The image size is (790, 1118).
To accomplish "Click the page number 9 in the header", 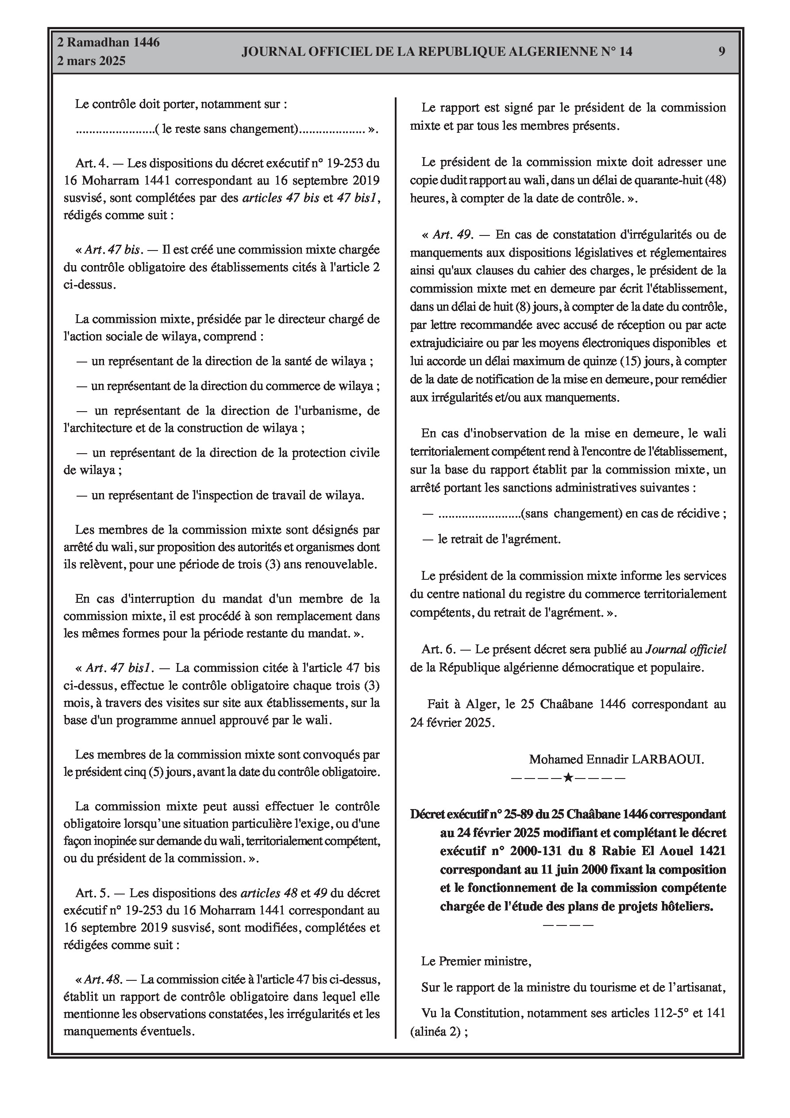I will (721, 52).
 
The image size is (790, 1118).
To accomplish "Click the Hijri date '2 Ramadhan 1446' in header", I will (108, 43).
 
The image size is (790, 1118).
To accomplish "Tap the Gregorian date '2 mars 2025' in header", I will (91, 61).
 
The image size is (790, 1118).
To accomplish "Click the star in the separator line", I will (568, 778).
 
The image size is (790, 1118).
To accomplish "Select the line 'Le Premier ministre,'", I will (476, 961).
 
